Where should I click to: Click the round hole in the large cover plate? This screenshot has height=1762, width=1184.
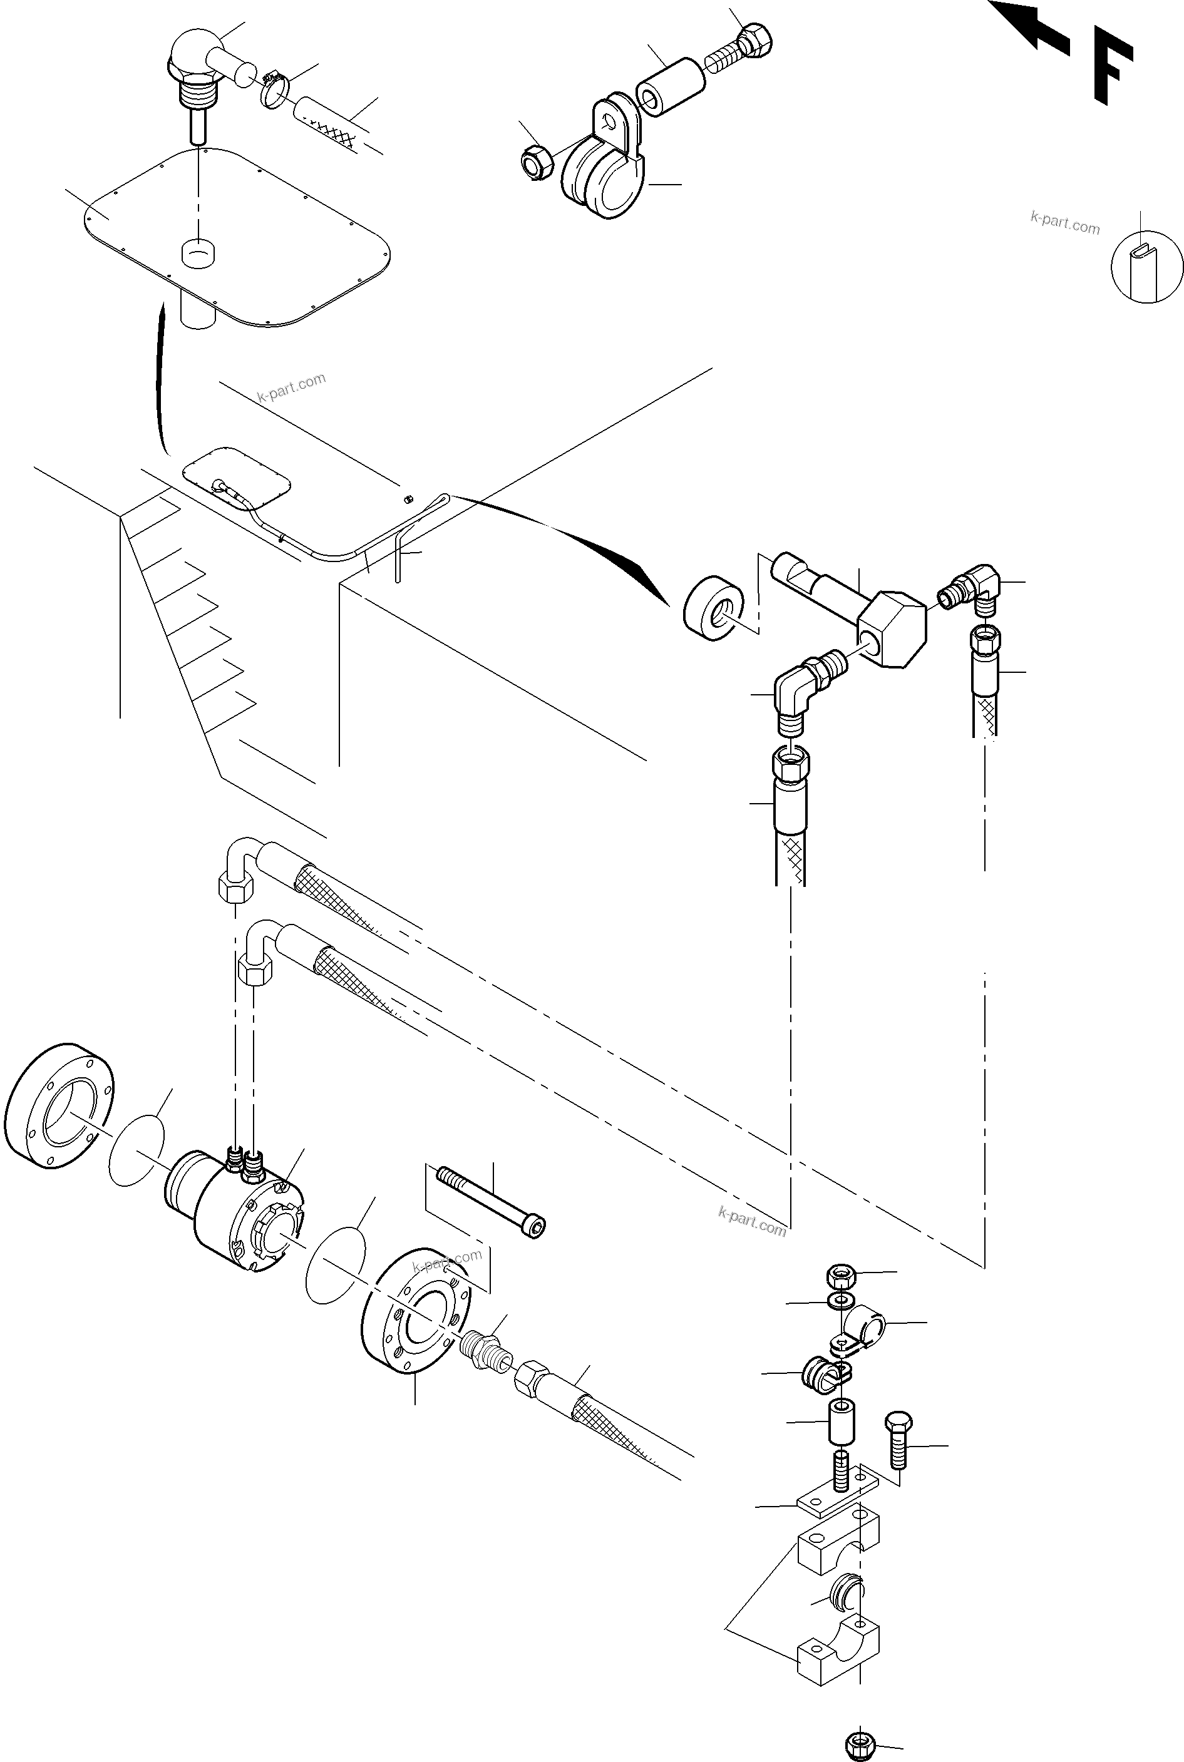tap(198, 252)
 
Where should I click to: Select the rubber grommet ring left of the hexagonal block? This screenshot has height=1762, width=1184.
tap(713, 611)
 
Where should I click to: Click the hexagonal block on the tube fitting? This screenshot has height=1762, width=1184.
tap(892, 629)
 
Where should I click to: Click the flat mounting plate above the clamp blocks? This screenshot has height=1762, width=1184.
tap(836, 1492)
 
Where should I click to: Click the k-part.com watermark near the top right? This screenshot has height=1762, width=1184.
tap(1064, 223)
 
